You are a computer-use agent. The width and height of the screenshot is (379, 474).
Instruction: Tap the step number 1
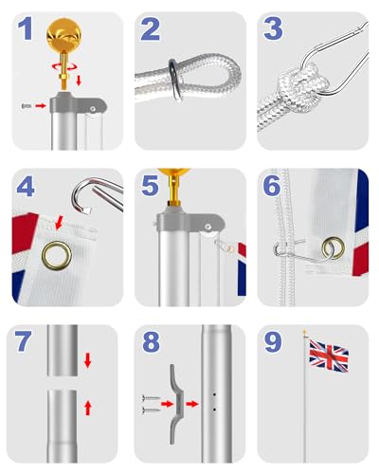pyautogui.click(x=26, y=31)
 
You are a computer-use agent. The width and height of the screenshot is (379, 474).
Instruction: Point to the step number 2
pyautogui.click(x=150, y=31)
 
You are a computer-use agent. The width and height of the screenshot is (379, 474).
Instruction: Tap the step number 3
pyautogui.click(x=273, y=31)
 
